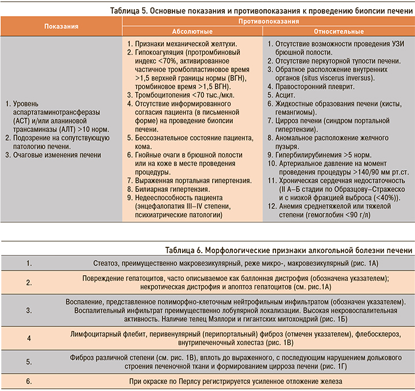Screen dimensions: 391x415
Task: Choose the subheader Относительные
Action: pyautogui.click(x=339, y=31)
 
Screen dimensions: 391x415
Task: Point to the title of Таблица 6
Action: pyautogui.click(x=288, y=250)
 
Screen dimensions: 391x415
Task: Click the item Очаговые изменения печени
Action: pyautogui.click(x=58, y=155)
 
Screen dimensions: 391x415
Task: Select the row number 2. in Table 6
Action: pyautogui.click(x=29, y=282)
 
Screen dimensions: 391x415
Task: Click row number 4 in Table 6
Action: pyautogui.click(x=29, y=337)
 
